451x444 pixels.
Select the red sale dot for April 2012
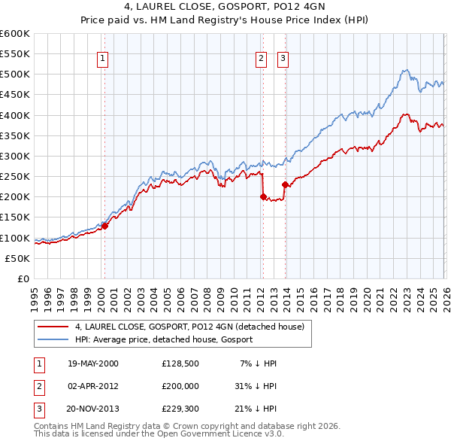263,196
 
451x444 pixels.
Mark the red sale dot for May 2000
105,225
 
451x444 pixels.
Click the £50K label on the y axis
18,258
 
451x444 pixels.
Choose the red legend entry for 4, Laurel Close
189,327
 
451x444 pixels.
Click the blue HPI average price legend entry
164,340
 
